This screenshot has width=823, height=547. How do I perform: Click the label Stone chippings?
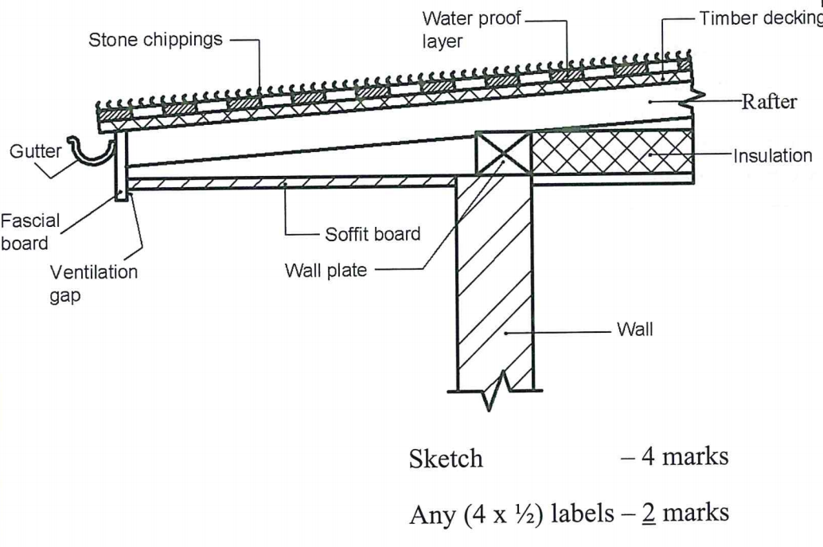[156, 40]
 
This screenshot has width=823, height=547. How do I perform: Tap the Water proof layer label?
[470, 29]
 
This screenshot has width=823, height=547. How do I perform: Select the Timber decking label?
[759, 19]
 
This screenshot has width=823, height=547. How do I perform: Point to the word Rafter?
[769, 103]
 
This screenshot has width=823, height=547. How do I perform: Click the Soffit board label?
[372, 235]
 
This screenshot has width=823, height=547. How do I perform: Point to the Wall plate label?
[326, 270]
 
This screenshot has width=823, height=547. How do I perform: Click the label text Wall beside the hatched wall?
[634, 330]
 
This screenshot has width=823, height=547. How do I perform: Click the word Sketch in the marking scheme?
[446, 459]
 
